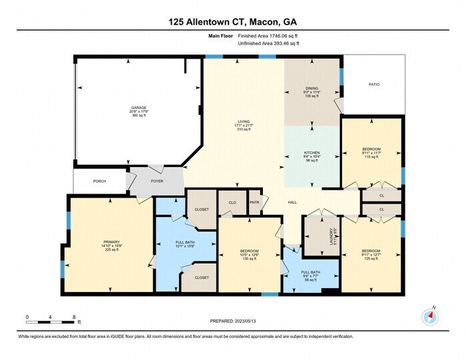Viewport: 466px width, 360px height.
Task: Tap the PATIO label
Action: point(375,85)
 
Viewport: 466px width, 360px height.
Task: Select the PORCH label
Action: point(99,181)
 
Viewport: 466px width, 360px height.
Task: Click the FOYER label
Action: point(157,181)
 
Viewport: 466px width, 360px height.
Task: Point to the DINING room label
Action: point(312,88)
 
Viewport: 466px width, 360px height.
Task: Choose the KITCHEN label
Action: point(312,152)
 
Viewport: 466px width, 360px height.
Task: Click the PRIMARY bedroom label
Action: point(111,242)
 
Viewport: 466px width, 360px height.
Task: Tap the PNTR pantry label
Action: point(254,202)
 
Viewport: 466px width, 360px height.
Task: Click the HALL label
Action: point(292,202)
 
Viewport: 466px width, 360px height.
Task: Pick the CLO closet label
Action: point(232,202)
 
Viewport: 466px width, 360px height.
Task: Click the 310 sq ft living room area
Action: point(243,129)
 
